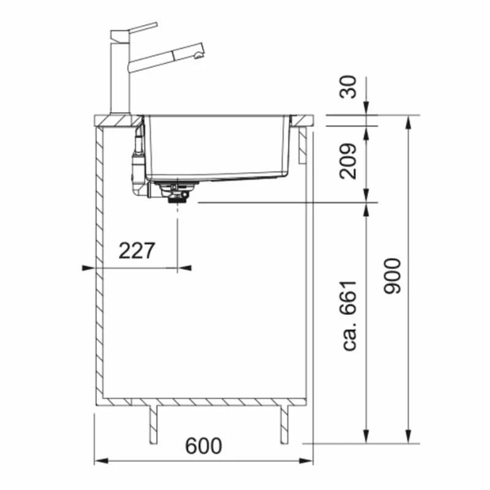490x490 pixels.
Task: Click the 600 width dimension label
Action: [x=203, y=446]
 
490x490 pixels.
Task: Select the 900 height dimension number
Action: [x=393, y=276]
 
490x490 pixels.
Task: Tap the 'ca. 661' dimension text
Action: [x=350, y=317]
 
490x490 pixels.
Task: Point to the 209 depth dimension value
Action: [x=349, y=161]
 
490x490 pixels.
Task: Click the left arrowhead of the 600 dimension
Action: [x=98, y=461]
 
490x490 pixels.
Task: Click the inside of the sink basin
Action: [x=214, y=147]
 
